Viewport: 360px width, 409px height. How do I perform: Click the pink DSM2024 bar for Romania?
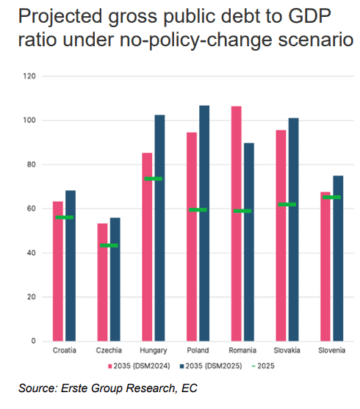237,223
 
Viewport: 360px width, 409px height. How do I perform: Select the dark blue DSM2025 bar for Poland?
204,223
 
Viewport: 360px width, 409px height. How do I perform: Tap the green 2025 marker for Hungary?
154,178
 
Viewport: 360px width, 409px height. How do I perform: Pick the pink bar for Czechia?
102,282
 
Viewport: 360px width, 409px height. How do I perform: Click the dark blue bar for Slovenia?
338,258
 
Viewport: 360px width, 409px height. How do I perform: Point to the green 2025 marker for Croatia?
64,217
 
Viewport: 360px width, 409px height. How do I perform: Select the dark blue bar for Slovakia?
293,230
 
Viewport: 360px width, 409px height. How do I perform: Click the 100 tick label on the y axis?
29,120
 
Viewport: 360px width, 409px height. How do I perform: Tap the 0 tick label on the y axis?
33,341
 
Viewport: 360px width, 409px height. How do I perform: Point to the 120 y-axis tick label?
29,76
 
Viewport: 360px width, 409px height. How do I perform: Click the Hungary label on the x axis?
154,350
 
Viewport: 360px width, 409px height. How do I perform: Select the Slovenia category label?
331,350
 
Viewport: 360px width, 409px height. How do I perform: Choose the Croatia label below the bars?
64,350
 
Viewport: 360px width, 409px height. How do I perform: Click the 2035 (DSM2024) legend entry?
139,366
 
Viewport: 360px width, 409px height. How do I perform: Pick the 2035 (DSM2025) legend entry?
211,366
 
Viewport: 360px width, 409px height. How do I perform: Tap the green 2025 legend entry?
263,366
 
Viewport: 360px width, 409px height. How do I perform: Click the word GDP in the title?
309,16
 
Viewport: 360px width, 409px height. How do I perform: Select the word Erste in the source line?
75,388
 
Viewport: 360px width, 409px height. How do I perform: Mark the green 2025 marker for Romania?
242,211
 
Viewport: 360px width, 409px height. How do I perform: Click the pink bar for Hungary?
147,247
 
